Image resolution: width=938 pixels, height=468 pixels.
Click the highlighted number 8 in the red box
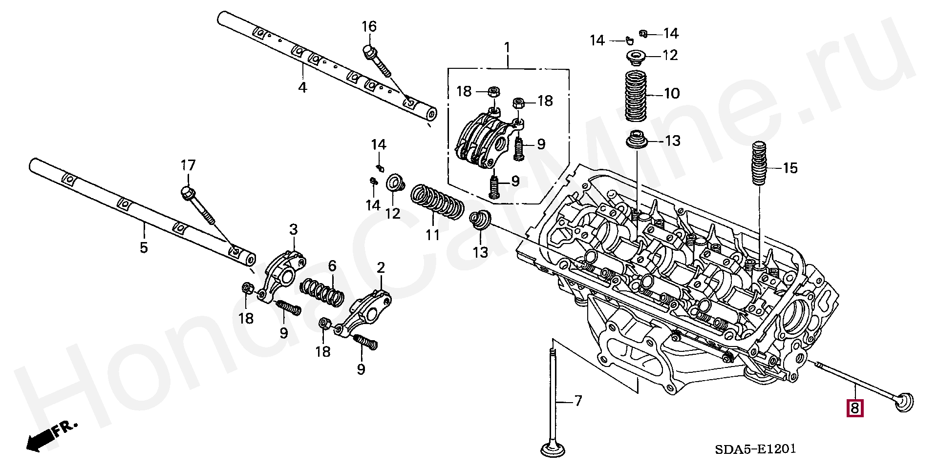(855, 407)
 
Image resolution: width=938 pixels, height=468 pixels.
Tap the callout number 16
(369, 26)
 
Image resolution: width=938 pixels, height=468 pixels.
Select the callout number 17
(188, 165)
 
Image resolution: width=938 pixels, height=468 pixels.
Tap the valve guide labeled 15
(759, 163)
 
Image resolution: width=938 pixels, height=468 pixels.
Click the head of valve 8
(904, 403)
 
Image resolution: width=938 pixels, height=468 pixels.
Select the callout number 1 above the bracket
(507, 48)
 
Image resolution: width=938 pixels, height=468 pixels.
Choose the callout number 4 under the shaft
(302, 88)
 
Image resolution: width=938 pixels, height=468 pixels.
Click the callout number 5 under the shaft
(144, 247)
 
